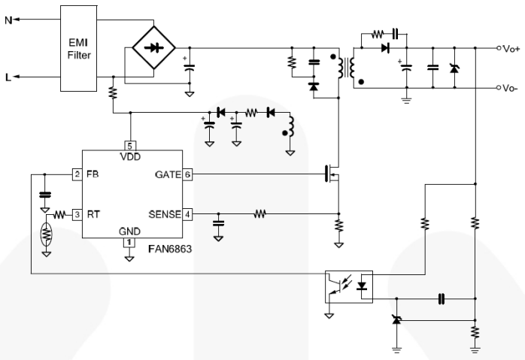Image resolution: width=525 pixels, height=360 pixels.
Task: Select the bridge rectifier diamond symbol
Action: coord(154,47)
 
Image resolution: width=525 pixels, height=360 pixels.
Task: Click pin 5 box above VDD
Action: coord(129,145)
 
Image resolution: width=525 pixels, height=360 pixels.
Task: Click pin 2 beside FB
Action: coord(76,174)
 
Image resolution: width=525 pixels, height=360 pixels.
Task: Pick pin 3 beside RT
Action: coord(76,214)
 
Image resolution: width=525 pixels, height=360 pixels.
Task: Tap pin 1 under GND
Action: coord(129,242)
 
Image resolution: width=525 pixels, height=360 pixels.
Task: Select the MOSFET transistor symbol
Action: coord(332,174)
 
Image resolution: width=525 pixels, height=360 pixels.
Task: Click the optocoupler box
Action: coord(349,286)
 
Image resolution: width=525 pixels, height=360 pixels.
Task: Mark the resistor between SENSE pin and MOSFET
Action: coord(260,214)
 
